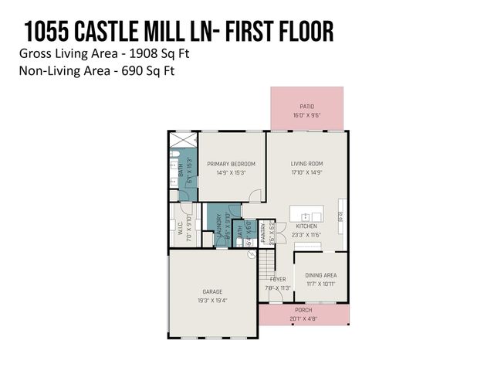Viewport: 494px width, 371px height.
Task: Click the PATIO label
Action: tap(306, 106)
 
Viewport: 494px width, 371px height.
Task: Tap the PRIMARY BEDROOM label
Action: tap(231, 164)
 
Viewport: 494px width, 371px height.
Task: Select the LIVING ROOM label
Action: tap(306, 164)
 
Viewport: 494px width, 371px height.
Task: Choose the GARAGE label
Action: tap(212, 291)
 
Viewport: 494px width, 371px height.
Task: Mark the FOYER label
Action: tap(278, 279)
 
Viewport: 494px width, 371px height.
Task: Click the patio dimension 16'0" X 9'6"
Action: tap(306, 115)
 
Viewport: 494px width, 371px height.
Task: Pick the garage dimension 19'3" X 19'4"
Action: tap(212, 301)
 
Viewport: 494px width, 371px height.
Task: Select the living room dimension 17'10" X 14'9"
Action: tap(306, 173)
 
